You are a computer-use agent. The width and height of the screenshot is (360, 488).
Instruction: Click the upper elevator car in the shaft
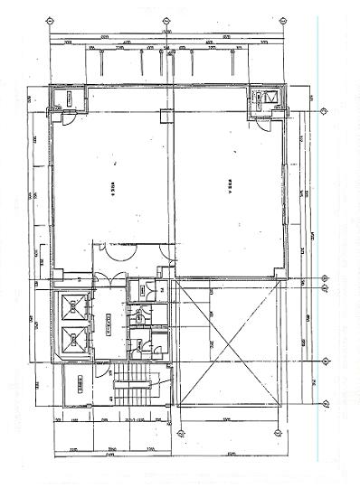pos(74,308)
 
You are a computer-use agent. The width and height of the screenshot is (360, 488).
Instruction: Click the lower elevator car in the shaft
pos(74,341)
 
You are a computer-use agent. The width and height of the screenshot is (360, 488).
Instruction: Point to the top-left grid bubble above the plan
pos(48,21)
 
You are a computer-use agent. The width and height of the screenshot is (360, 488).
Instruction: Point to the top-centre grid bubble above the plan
pos(165,21)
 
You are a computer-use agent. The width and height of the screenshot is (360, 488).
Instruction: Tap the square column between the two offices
pos(165,115)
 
